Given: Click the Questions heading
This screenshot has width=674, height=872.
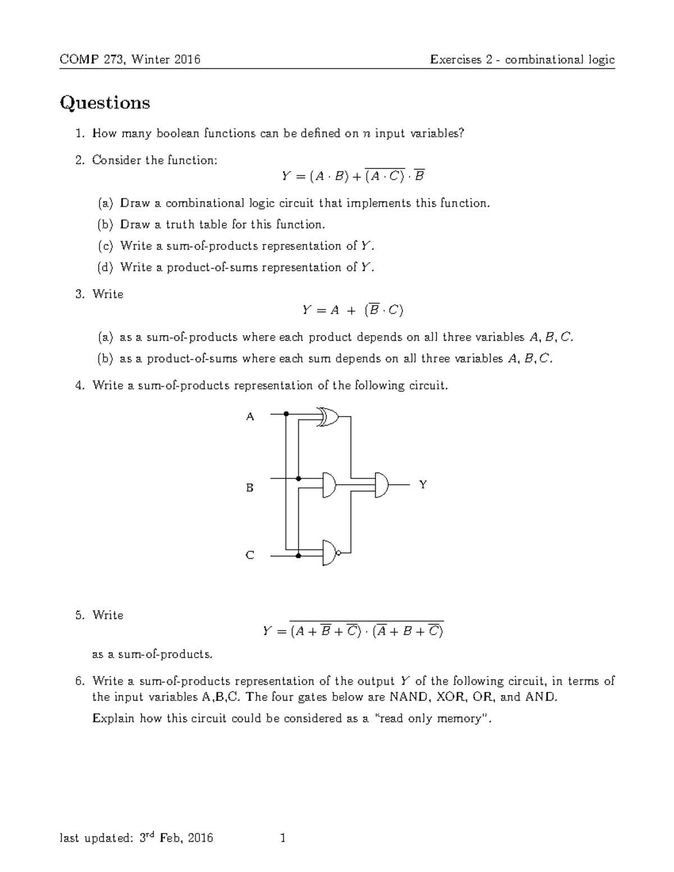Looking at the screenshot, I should coord(105,103).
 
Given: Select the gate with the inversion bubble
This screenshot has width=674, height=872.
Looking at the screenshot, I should coord(331,553).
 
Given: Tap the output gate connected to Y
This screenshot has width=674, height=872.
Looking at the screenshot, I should coord(381,484).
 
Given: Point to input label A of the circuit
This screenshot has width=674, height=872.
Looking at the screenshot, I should coord(251,417).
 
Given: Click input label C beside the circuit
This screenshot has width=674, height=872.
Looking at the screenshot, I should coord(251,555).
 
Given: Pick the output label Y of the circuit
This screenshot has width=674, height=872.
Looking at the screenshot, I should coord(423,484).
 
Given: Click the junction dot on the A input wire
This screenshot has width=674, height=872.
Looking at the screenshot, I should coord(286,414).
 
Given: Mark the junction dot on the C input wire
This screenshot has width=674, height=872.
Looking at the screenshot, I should coord(298,555).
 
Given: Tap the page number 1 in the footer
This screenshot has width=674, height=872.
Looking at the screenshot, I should coord(283,838).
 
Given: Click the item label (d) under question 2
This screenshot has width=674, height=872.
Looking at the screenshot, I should coord(105,267).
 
